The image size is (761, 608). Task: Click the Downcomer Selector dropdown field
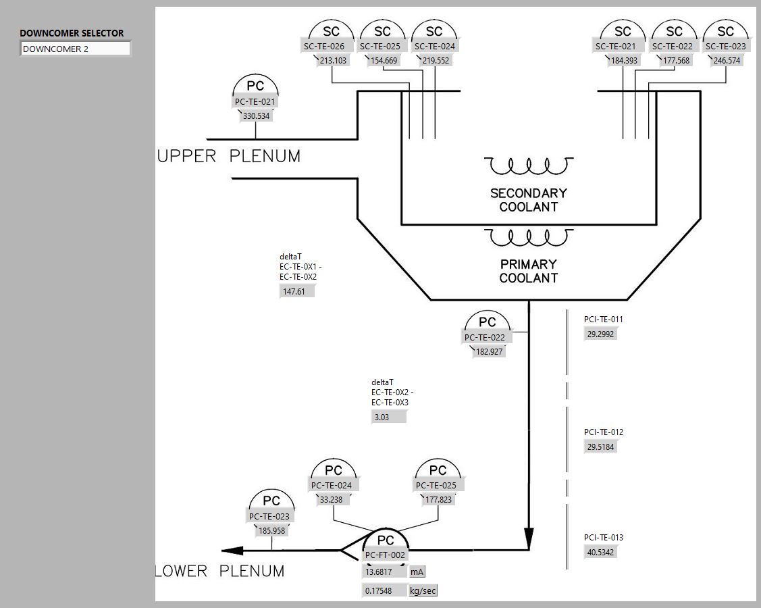[x=75, y=49]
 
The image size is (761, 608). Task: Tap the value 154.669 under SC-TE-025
[x=384, y=61]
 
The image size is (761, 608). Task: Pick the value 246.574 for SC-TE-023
[x=727, y=61]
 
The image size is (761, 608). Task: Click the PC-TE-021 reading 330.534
[x=256, y=116]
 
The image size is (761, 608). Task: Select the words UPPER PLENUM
[x=229, y=157]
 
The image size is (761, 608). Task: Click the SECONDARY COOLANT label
[x=529, y=200]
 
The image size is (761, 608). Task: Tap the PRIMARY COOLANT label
[x=529, y=271]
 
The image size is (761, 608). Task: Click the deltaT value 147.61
[x=296, y=292]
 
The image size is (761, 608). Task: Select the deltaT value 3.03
[x=388, y=417]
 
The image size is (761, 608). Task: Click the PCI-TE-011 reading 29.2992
[x=600, y=334]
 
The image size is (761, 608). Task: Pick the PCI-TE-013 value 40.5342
[x=600, y=553]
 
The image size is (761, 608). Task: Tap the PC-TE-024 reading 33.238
[x=332, y=500]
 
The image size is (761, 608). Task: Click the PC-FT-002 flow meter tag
[x=386, y=555]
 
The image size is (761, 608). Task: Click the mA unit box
[x=417, y=572]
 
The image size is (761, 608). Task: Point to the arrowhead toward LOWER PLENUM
[x=233, y=551]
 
